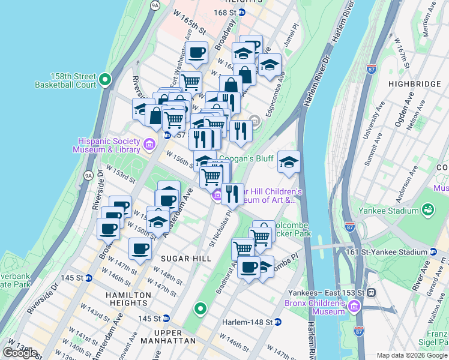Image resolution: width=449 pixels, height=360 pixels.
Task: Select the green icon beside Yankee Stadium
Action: click(x=428, y=210)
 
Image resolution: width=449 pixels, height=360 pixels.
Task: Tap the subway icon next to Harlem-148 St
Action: click(x=278, y=322)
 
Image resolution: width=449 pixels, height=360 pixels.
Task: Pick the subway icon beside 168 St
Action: click(x=241, y=12)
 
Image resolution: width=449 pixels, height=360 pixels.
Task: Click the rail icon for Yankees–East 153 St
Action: click(x=372, y=292)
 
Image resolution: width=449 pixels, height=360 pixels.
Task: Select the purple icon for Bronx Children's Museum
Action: click(x=354, y=307)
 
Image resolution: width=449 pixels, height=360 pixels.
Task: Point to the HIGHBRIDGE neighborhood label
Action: click(x=414, y=84)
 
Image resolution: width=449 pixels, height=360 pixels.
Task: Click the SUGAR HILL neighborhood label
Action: click(x=185, y=257)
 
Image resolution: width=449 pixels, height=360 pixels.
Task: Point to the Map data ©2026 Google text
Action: click(x=412, y=355)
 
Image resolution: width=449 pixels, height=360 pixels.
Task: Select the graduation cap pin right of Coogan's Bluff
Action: click(x=289, y=162)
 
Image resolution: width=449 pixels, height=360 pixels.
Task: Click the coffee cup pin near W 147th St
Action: click(x=140, y=249)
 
